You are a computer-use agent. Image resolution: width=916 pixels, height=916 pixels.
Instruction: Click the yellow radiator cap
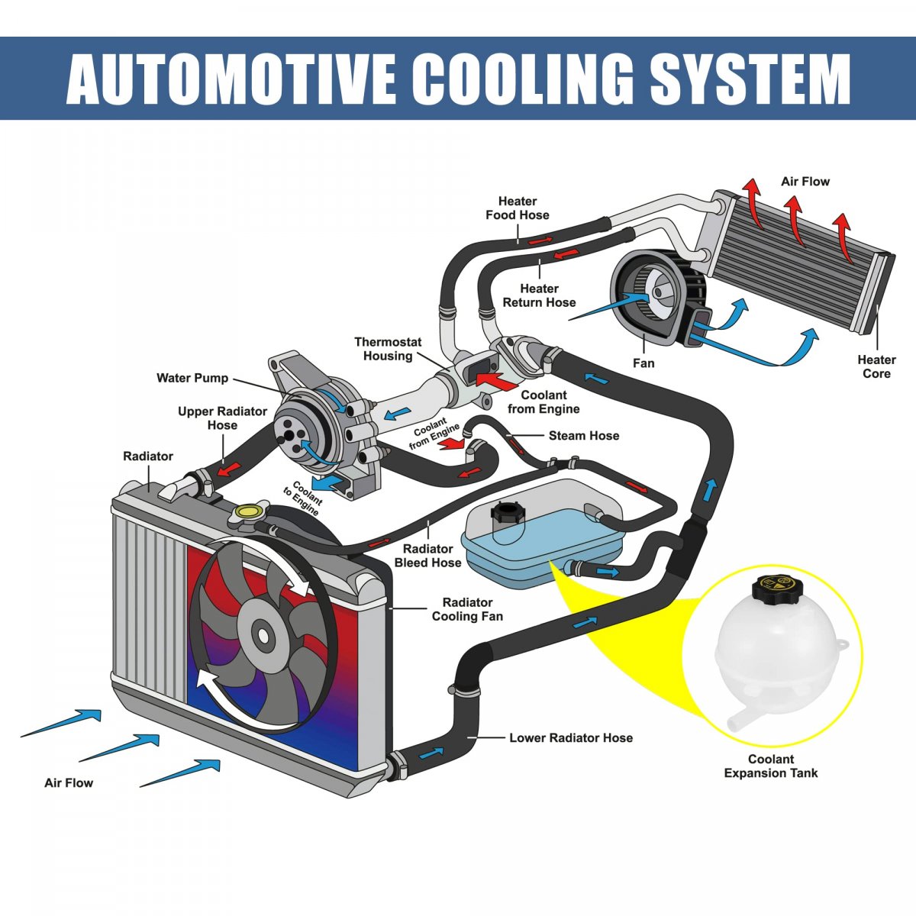[x=247, y=511]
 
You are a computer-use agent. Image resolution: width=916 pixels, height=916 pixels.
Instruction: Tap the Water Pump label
[x=192, y=379]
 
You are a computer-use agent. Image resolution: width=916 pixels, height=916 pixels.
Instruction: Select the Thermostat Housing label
[x=388, y=349]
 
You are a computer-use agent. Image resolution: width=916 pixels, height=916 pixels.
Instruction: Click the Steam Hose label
[x=584, y=436]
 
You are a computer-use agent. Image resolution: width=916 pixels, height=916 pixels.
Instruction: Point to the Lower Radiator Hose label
[x=571, y=737]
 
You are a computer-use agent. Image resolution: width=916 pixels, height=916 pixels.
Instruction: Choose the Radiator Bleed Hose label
[x=427, y=556]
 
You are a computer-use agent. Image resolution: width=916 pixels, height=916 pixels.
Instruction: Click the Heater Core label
[x=876, y=366]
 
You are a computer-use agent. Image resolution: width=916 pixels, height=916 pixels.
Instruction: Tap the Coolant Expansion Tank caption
[x=770, y=766]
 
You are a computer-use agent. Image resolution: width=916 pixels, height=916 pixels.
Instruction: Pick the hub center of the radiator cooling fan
[x=263, y=635]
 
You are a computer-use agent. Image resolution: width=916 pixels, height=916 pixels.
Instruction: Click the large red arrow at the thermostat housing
[x=495, y=381]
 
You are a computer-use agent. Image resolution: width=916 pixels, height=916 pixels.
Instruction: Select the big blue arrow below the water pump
[x=326, y=482]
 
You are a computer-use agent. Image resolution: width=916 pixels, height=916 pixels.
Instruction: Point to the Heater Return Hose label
[x=539, y=295]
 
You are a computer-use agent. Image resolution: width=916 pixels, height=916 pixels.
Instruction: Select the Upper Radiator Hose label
[x=222, y=418]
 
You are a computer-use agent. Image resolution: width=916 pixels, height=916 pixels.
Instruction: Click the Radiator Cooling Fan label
[x=467, y=609]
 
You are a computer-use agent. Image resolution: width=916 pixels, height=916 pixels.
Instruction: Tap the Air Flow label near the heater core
[x=805, y=182]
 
